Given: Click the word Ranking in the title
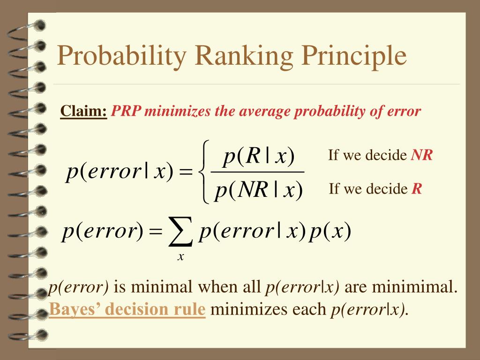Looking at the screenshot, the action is click(x=244, y=57).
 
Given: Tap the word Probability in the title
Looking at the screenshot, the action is click(x=121, y=57).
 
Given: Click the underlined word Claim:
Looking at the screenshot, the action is click(x=83, y=111).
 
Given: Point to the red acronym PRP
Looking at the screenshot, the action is click(x=126, y=111).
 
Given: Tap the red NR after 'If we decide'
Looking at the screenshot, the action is click(x=421, y=155).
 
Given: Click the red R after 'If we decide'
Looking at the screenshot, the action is click(x=417, y=188).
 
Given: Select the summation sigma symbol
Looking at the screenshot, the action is click(x=180, y=231).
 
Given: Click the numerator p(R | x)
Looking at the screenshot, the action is click(x=259, y=156).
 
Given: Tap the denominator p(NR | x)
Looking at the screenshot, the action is click(x=259, y=190).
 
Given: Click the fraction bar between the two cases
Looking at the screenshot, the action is click(x=257, y=172).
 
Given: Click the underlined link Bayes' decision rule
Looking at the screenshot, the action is click(x=127, y=309).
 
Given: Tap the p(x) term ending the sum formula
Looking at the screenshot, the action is click(x=330, y=231).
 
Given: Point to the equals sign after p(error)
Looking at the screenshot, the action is click(x=156, y=232).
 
